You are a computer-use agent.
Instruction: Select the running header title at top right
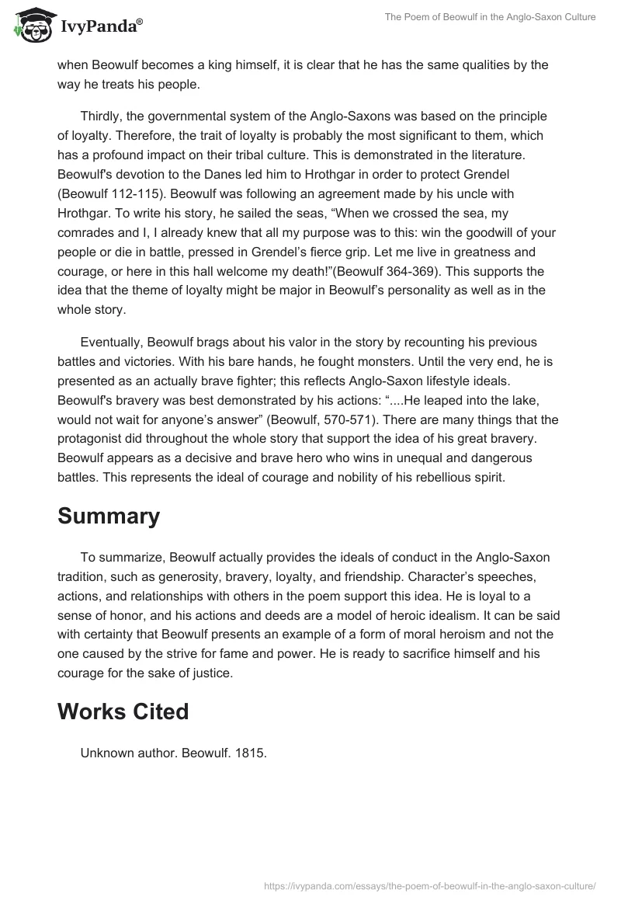pyautogui.click(x=490, y=17)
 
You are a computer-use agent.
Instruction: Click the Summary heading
pyautogui.click(x=109, y=516)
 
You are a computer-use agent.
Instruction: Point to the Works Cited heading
pyautogui.click(x=123, y=711)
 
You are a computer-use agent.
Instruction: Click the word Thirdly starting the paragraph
pyautogui.click(x=103, y=117)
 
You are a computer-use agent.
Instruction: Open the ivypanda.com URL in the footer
pyautogui.click(x=429, y=885)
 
